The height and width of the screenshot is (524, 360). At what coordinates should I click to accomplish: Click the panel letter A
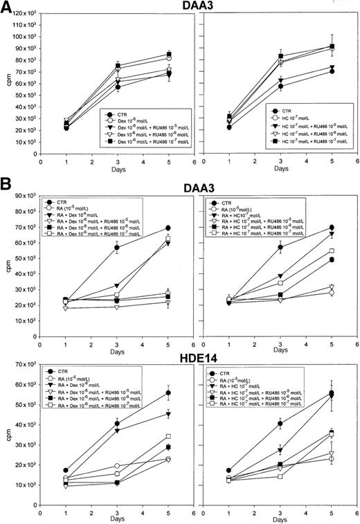9,8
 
